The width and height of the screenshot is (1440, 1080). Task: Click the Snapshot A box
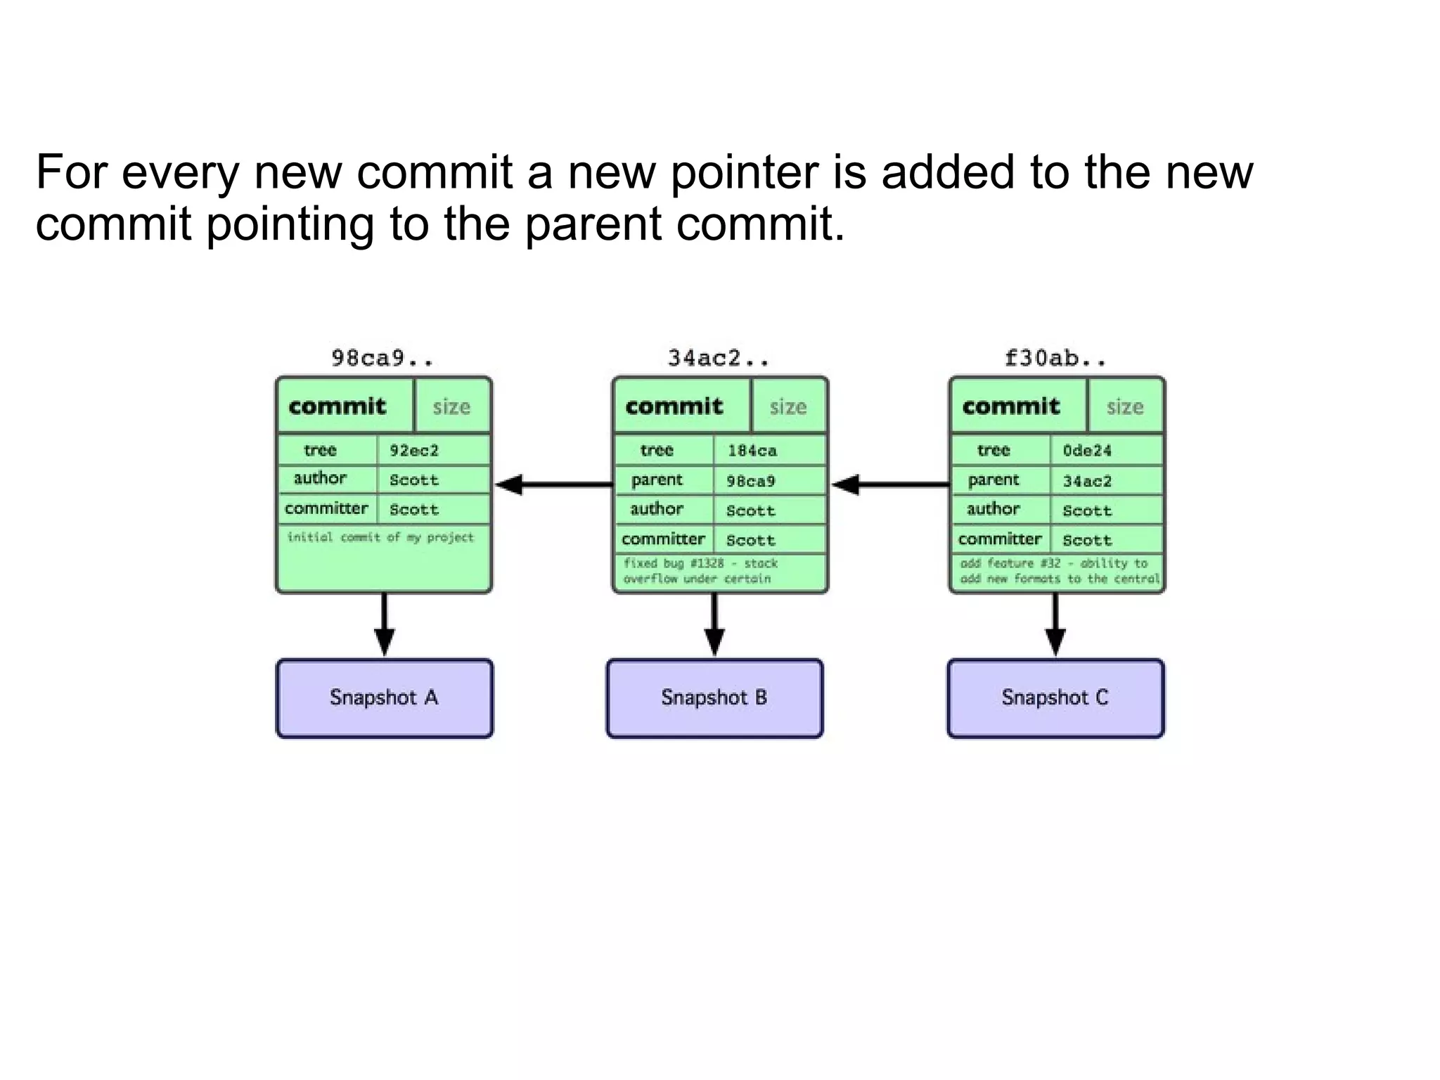point(384,698)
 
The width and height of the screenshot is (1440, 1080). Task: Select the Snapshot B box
point(714,698)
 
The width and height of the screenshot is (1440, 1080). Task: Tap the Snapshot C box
point(1055,698)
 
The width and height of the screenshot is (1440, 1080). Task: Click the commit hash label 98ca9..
point(382,359)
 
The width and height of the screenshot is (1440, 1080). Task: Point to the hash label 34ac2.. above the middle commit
point(719,359)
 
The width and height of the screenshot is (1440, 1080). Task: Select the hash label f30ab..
point(1055,359)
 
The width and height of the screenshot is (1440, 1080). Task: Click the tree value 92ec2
point(414,451)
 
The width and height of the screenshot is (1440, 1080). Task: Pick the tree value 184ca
point(752,451)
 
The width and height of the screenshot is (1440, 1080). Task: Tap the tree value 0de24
point(1087,451)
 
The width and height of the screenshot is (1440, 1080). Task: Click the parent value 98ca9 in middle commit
point(750,482)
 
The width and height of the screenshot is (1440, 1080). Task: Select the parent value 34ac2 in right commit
point(1087,482)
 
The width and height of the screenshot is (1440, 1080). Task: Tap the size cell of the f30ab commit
point(1125,406)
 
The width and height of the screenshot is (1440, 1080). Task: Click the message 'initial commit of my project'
point(380,538)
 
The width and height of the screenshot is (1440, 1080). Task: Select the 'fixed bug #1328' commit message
point(700,571)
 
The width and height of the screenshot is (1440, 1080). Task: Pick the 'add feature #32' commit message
point(1058,571)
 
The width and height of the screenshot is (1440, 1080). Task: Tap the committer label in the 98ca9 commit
point(326,508)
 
